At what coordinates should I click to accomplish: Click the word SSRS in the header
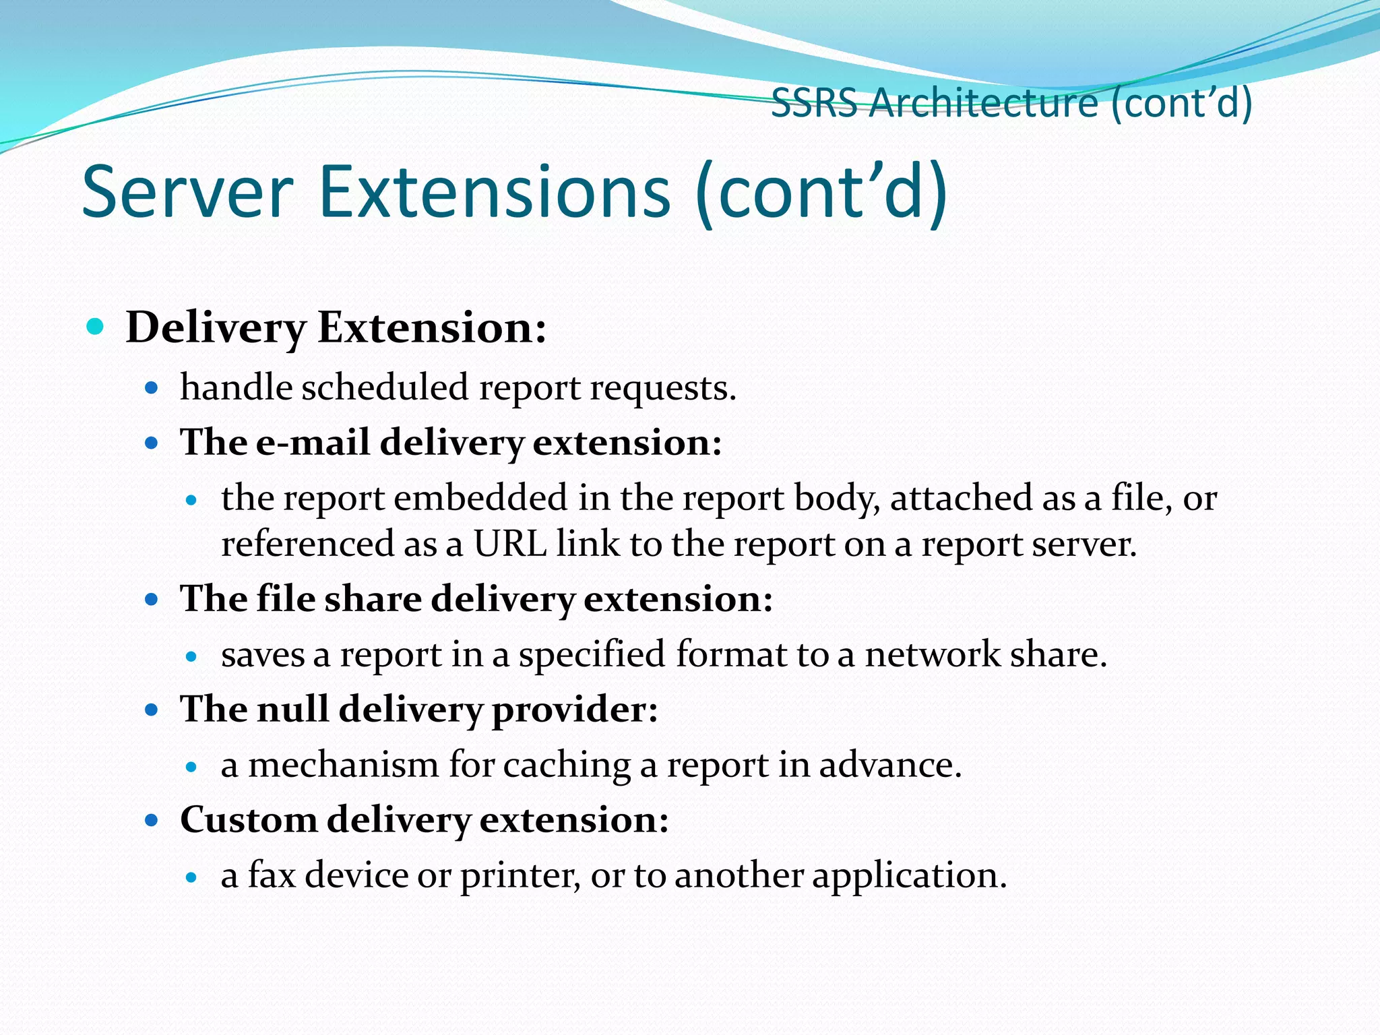click(814, 104)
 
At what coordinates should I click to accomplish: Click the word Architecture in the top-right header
click(983, 104)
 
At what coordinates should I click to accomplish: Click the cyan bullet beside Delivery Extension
click(96, 327)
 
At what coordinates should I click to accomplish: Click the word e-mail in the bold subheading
click(313, 443)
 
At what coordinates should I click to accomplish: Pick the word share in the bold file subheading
click(373, 599)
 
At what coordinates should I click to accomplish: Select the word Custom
click(249, 820)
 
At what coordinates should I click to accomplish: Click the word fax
click(272, 875)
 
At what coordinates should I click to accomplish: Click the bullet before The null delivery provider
click(152, 710)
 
